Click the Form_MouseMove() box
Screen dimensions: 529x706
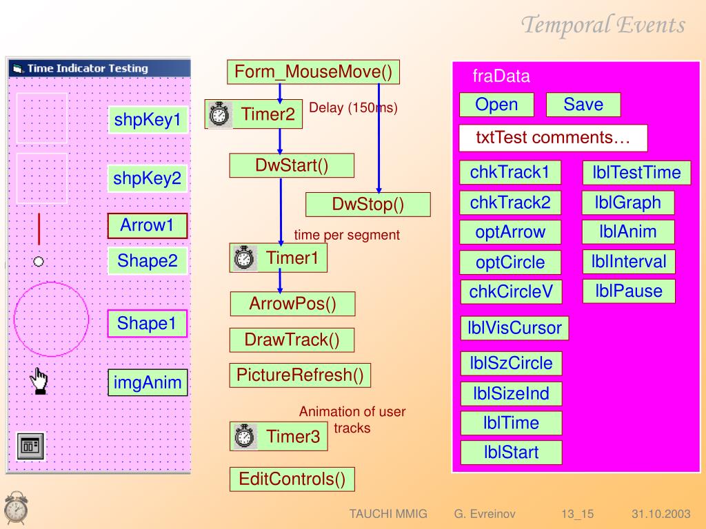click(313, 72)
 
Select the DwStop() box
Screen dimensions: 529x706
click(367, 205)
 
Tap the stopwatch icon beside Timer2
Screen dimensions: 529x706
click(219, 114)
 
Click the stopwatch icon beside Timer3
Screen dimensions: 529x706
click(244, 436)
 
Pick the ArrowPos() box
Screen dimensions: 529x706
click(292, 304)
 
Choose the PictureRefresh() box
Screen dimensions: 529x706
click(300, 375)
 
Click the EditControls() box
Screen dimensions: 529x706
click(292, 479)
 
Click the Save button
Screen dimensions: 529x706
click(583, 105)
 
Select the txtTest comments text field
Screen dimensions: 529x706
click(553, 138)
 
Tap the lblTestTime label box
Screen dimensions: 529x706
click(636, 173)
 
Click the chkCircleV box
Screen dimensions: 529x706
click(511, 292)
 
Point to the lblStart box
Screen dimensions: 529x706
click(511, 453)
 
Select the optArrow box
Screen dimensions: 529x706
click(510, 232)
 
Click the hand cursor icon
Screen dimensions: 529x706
click(40, 381)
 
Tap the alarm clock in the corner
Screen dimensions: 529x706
click(16, 508)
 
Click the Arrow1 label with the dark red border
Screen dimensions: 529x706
click(147, 225)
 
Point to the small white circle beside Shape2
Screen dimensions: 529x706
click(39, 261)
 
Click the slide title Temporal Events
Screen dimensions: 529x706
click(603, 25)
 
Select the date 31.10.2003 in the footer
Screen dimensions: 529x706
click(660, 514)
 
